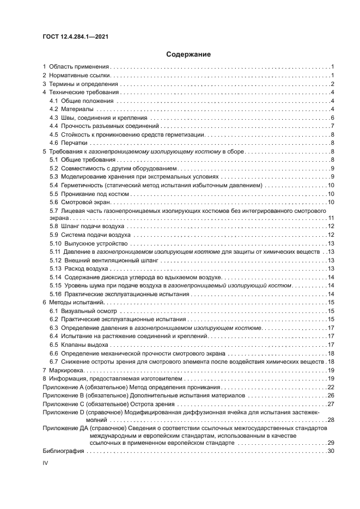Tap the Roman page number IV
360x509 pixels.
(x=46, y=462)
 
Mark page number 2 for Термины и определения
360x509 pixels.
(x=332, y=84)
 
